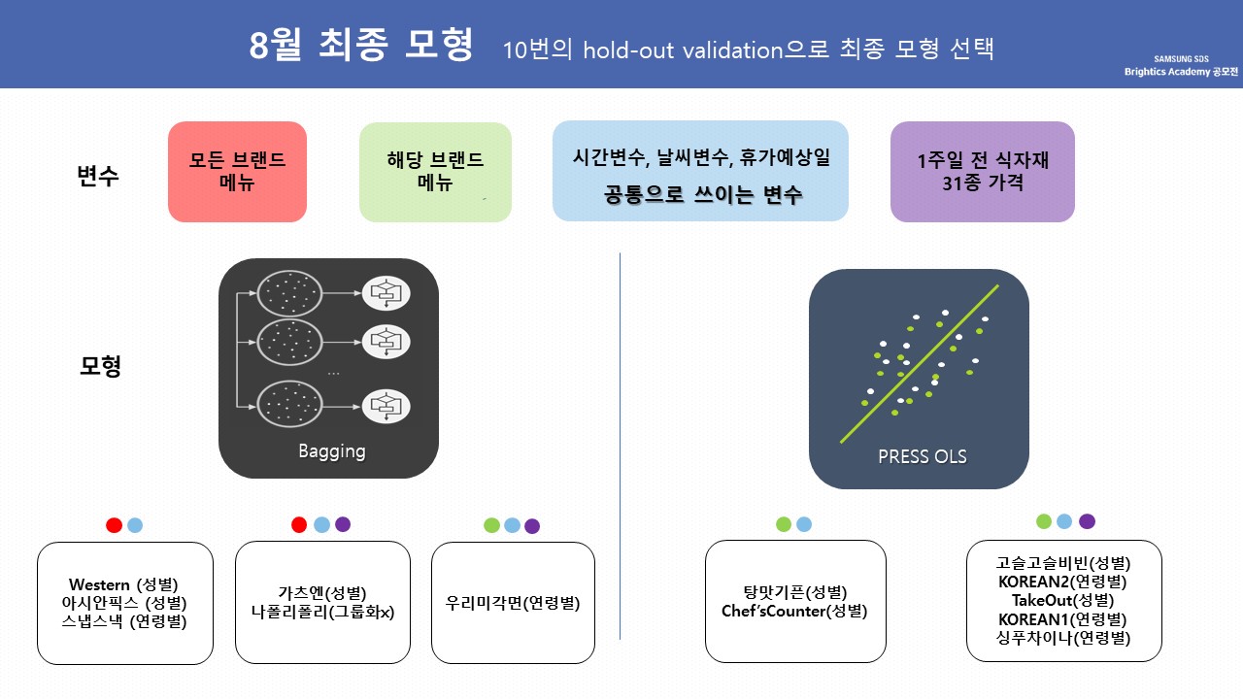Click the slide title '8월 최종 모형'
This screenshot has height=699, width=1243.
point(361,45)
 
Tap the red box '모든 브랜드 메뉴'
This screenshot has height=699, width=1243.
point(237,171)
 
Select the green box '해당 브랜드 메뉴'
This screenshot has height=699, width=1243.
point(435,171)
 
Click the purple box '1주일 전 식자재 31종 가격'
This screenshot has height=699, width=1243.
point(982,171)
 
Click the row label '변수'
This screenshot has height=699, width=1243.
point(98,176)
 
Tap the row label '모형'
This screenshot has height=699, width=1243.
point(100,367)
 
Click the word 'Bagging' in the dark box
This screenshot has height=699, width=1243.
point(331,451)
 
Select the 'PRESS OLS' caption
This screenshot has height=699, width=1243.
point(922,456)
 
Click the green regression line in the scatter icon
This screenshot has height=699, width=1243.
point(919,365)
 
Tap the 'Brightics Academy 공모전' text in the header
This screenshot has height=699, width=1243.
point(1181,72)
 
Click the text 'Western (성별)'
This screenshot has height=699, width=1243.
point(124,584)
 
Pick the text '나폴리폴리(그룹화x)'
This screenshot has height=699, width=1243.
point(322,612)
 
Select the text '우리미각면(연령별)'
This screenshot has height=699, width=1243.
point(513,603)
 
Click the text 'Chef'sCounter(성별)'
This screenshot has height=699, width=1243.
point(794,612)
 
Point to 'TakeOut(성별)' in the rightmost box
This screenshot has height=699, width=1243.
point(1063,600)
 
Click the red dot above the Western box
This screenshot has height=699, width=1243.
point(114,525)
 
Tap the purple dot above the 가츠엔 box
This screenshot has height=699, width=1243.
point(343,524)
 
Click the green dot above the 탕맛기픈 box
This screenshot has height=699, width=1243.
point(784,524)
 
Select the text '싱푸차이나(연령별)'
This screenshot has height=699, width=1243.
point(1063,638)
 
